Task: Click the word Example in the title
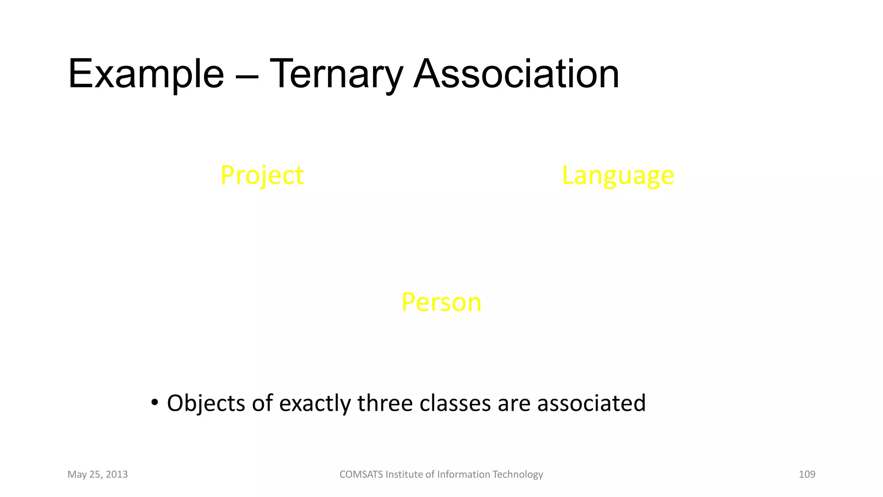click(x=146, y=74)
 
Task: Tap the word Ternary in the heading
click(x=336, y=74)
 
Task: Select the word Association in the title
click(x=516, y=74)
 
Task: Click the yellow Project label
click(x=262, y=176)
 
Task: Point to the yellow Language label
click(x=618, y=176)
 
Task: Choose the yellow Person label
click(x=441, y=302)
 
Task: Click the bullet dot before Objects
click(x=155, y=403)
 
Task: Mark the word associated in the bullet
click(x=591, y=403)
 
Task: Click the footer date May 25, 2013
click(x=97, y=475)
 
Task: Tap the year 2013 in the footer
click(x=117, y=475)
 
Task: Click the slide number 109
click(x=807, y=475)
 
